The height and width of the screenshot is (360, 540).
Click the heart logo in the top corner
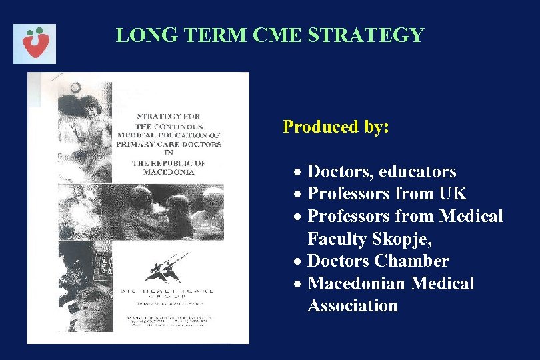click(x=35, y=43)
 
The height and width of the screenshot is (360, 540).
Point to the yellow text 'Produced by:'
click(x=336, y=127)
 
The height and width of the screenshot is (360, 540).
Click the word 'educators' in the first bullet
click(x=417, y=172)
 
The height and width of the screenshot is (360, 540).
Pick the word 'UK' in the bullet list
click(x=453, y=194)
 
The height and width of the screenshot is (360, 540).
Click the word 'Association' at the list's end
click(x=353, y=306)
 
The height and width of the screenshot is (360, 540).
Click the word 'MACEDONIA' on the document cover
click(x=169, y=172)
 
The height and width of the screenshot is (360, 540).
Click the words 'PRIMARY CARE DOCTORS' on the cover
click(x=169, y=143)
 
